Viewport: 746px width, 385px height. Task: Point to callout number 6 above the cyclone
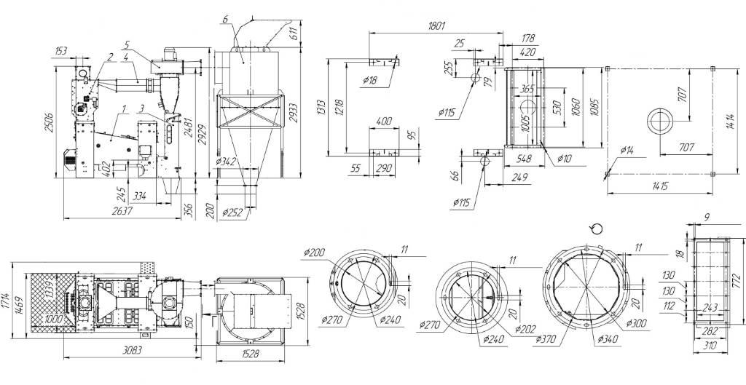coord(227,17)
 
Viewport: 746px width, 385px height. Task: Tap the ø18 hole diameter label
coord(369,81)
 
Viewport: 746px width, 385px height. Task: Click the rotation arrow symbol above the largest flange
coord(596,229)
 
